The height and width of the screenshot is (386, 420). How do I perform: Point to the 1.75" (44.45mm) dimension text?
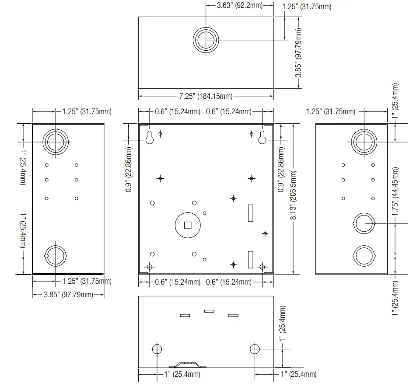click(395, 191)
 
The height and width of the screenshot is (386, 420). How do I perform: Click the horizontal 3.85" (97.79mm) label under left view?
click(69, 295)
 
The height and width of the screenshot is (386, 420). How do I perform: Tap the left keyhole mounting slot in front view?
click(150, 138)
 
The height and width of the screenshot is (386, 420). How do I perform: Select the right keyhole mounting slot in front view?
click(262, 138)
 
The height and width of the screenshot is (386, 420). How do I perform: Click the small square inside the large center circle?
click(188, 225)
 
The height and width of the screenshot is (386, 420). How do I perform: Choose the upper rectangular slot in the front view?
click(251, 212)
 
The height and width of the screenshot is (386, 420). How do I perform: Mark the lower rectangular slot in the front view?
click(251, 259)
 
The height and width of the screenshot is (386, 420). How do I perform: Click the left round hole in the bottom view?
click(157, 348)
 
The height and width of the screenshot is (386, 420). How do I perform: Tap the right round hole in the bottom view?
click(255, 348)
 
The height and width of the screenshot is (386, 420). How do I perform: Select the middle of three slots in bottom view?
click(209, 311)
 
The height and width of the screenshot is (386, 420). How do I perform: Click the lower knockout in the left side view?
click(56, 255)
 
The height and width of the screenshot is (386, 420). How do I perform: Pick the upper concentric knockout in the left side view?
click(56, 141)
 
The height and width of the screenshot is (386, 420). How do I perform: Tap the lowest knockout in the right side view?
click(364, 255)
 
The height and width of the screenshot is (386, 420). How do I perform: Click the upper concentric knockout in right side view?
click(364, 141)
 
